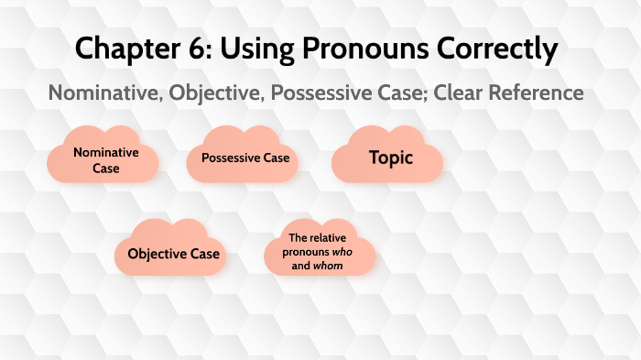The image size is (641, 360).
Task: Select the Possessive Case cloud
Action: coord(244,158)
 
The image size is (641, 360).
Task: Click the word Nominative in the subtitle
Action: coord(100,93)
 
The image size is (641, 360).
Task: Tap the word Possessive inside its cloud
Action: coord(231,158)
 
